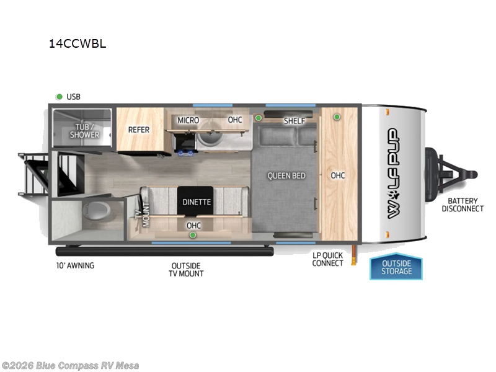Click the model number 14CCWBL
point(77,44)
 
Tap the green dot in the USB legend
point(60,97)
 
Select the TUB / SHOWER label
point(84,131)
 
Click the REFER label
point(139,130)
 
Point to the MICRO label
point(188,120)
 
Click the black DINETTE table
point(197,201)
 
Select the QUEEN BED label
point(286,175)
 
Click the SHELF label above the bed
point(294,121)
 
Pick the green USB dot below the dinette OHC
point(193,235)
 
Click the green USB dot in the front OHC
point(337,117)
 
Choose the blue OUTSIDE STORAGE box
point(396,267)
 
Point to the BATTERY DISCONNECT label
point(462,205)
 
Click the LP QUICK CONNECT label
point(328,259)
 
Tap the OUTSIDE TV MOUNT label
point(187,269)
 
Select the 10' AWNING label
point(74,265)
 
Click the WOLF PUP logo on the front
point(393,173)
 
